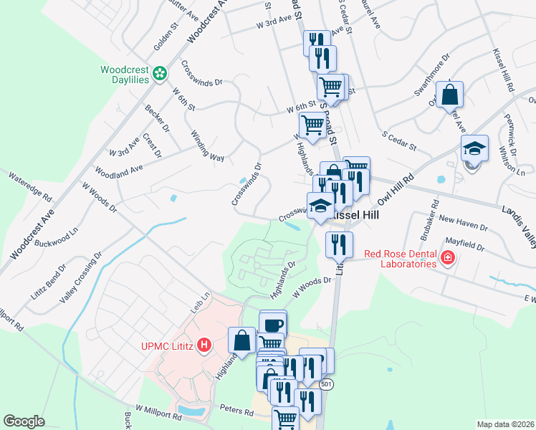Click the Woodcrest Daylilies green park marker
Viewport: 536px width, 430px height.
(x=161, y=72)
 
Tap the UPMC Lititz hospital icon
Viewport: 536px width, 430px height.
(x=205, y=345)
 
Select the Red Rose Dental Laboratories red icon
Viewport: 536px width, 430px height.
(x=448, y=258)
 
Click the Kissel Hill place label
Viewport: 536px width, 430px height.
(x=363, y=214)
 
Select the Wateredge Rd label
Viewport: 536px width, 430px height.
(x=31, y=185)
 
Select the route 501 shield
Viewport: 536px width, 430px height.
(x=327, y=385)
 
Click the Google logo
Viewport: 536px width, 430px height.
(x=24, y=421)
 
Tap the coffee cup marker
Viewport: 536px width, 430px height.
(x=273, y=325)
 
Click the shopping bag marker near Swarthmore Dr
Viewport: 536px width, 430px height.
(x=449, y=95)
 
